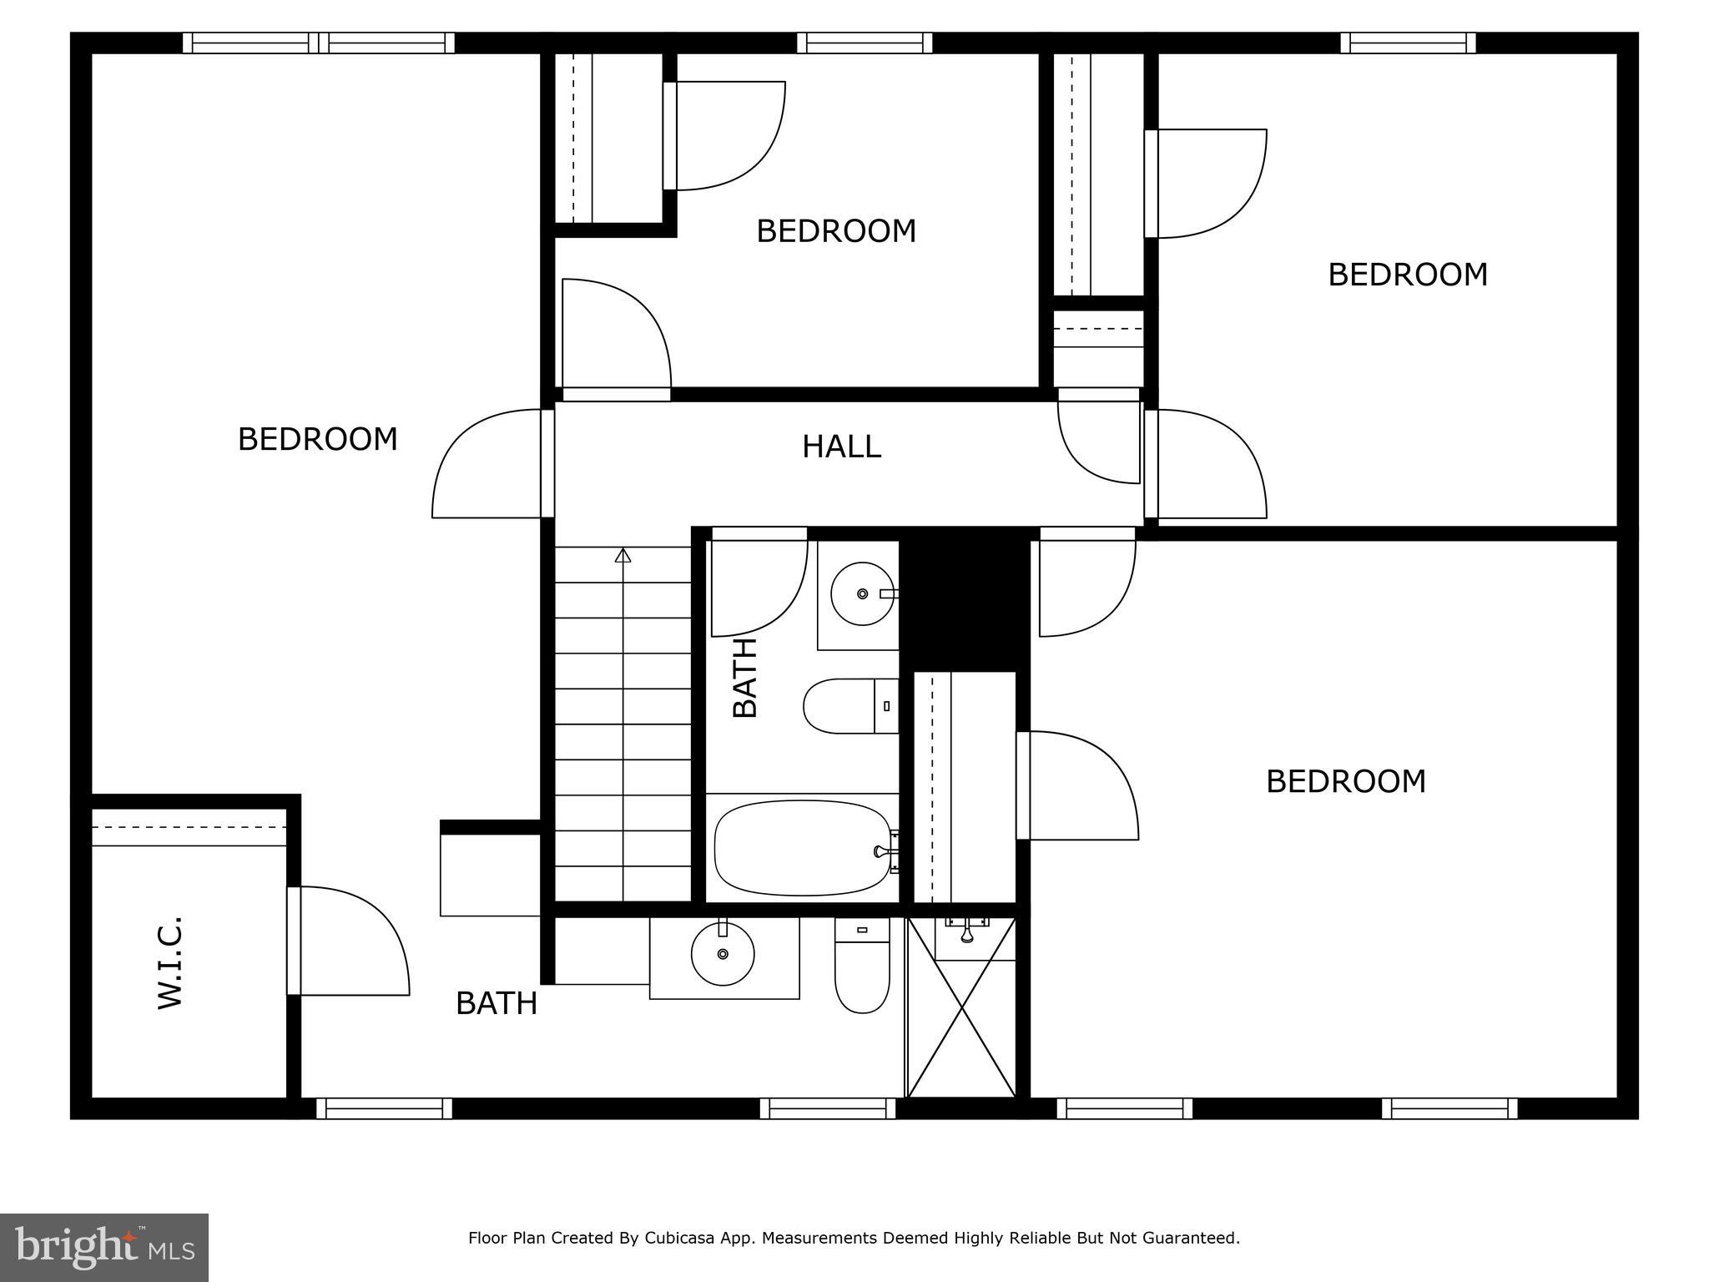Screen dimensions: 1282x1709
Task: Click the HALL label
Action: coord(841,447)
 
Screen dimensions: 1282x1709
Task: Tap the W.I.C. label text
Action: coord(170,962)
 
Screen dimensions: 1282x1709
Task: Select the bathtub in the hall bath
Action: coord(803,848)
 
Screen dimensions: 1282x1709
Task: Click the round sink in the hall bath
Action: coord(862,593)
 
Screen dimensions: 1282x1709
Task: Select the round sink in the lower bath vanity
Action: coord(723,954)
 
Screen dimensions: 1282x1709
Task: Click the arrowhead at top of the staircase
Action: coord(623,555)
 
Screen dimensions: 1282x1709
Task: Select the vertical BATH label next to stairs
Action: coord(744,678)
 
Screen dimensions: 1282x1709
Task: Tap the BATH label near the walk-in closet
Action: coord(496,1003)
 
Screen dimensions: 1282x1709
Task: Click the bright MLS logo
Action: coord(103,1247)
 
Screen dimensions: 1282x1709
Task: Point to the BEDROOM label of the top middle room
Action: coord(835,231)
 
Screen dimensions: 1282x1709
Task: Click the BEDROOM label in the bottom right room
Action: coord(1345,782)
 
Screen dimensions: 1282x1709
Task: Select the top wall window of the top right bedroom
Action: coord(1408,43)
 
